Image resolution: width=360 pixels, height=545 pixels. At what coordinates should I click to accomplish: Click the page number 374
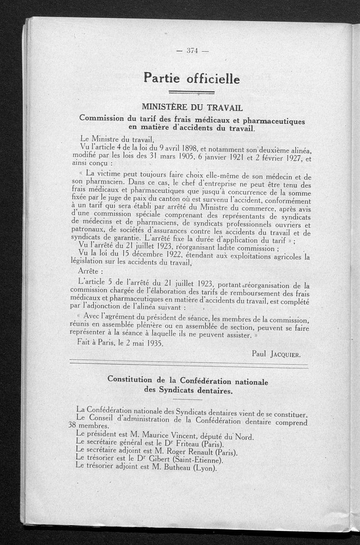(192, 51)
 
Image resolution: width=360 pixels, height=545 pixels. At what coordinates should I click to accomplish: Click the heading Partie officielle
(192, 79)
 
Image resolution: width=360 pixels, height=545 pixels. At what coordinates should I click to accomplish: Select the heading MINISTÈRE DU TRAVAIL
(192, 108)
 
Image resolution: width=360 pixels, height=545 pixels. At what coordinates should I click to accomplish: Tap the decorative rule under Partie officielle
(192, 93)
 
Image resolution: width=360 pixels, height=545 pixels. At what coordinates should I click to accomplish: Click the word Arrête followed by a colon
(90, 272)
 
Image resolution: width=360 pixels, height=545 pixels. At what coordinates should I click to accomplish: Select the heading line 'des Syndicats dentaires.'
(189, 391)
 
